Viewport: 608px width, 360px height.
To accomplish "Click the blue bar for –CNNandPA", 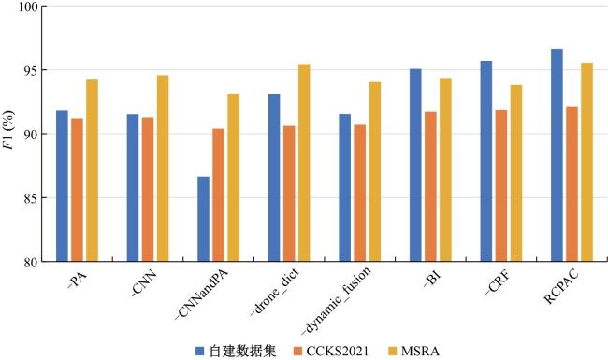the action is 203,219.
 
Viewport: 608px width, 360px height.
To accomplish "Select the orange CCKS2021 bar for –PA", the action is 77,190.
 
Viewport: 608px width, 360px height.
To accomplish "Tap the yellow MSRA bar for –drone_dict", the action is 304,163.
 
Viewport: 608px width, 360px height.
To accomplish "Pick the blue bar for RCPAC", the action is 557,155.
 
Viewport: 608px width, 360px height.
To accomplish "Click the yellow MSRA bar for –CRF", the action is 516,173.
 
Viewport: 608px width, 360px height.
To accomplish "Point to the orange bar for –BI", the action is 430,187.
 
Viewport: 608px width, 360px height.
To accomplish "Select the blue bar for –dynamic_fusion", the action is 345,188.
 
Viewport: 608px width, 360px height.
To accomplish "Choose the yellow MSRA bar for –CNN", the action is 163,168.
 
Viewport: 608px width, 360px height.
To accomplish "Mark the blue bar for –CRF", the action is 486,161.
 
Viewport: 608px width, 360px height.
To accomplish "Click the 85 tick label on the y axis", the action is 30,198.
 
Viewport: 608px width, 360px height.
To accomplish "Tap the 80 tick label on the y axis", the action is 30,263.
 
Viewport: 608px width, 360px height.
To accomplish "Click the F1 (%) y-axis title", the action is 8,129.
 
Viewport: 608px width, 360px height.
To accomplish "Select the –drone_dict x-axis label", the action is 275,292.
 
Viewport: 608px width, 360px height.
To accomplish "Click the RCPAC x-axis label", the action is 560,286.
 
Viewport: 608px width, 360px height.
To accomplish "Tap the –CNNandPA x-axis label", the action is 202,294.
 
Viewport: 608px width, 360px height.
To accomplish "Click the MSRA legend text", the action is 420,351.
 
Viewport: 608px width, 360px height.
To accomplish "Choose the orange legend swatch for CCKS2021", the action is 297,351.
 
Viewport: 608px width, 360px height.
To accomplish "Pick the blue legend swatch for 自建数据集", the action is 199,351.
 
